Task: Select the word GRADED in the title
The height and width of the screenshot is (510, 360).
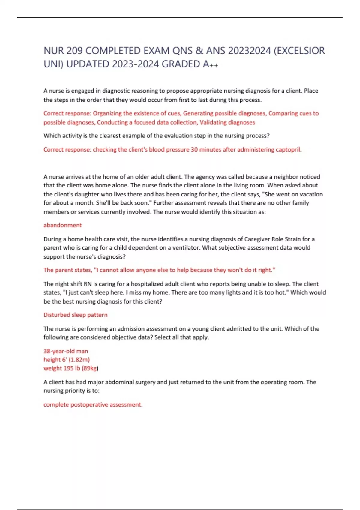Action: (181, 64)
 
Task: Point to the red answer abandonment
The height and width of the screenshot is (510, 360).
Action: (63, 225)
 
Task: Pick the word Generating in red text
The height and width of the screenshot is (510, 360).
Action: (197, 113)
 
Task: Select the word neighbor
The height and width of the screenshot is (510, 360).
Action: (292, 177)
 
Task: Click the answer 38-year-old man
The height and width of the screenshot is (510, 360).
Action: (66, 351)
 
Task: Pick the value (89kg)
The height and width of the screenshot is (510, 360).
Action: (90, 368)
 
